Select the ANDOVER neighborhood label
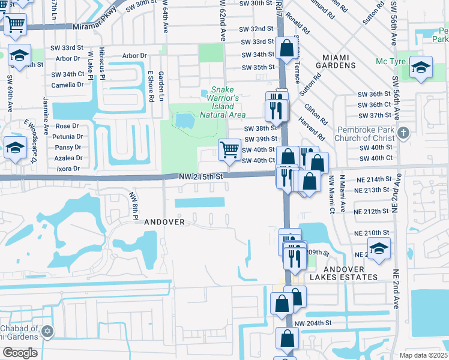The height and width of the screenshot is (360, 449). [x=164, y=222]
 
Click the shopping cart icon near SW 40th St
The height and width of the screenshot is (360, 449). [x=230, y=149]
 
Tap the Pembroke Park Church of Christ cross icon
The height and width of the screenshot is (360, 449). [x=404, y=132]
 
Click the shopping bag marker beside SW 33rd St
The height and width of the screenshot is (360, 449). [x=287, y=47]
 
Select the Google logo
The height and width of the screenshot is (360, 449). [x=20, y=352]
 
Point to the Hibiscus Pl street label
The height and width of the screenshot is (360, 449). [x=102, y=63]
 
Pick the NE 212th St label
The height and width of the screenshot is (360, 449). [x=372, y=212]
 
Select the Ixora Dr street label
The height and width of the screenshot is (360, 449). [x=68, y=169]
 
